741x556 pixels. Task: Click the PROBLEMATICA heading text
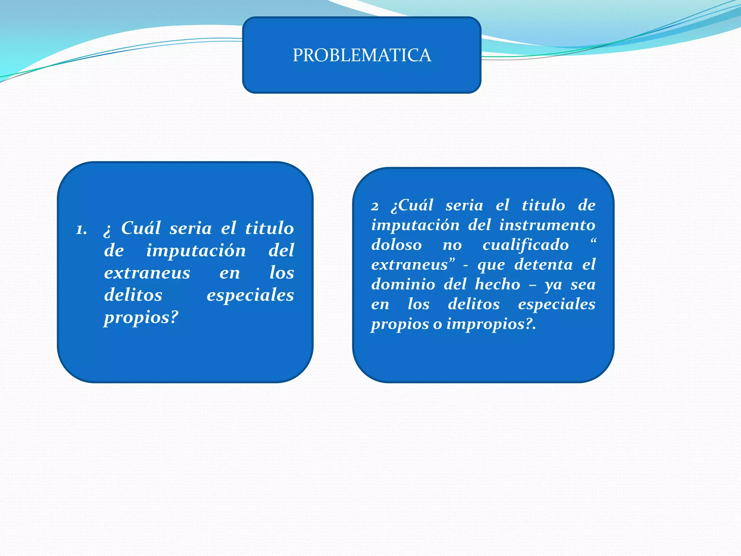point(362,55)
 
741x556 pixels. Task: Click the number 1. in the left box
point(81,230)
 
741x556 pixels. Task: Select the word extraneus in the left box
point(147,273)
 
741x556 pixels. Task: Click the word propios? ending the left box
point(141,318)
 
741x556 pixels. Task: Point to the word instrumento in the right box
point(547,225)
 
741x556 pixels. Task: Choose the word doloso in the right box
point(397,245)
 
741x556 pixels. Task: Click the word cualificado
point(525,245)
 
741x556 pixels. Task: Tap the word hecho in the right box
point(497,284)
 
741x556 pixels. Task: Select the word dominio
point(403,284)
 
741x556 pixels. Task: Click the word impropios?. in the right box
point(491,324)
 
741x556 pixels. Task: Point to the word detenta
point(543,265)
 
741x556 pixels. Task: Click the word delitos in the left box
point(133,295)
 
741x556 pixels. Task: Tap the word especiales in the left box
point(250,295)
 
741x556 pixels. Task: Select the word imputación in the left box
point(196,250)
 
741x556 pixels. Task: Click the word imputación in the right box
point(415,225)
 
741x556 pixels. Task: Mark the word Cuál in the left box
point(141,228)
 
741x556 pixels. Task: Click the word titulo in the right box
point(543,206)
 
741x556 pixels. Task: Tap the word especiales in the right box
point(556,304)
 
